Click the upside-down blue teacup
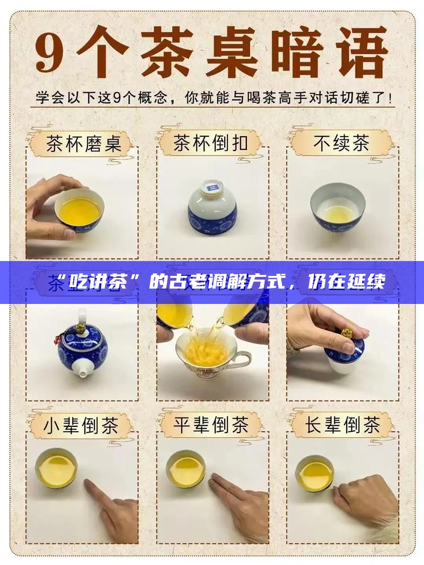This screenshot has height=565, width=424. (x=212, y=208)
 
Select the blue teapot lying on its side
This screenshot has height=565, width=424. (x=83, y=344)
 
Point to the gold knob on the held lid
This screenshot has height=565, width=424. (x=347, y=334)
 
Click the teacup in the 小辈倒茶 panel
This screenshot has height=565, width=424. (x=56, y=468)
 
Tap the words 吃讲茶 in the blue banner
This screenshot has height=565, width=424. (x=101, y=282)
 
